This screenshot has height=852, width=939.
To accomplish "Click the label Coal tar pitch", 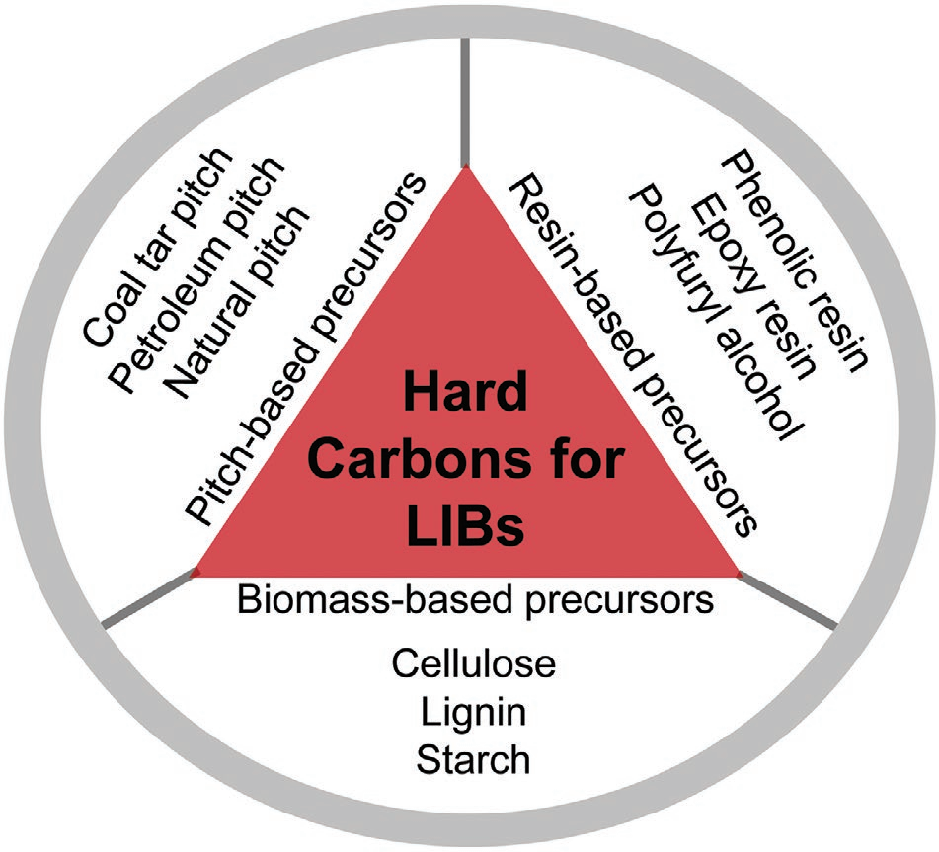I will tap(158, 248).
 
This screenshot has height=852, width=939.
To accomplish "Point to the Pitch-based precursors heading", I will tap(307, 346).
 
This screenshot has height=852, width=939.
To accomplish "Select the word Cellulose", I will tap(473, 662).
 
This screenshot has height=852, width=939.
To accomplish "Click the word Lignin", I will tap(473, 711).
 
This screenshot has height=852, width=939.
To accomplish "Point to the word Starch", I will tap(473, 760).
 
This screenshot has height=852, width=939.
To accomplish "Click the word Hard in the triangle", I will tap(464, 396).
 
